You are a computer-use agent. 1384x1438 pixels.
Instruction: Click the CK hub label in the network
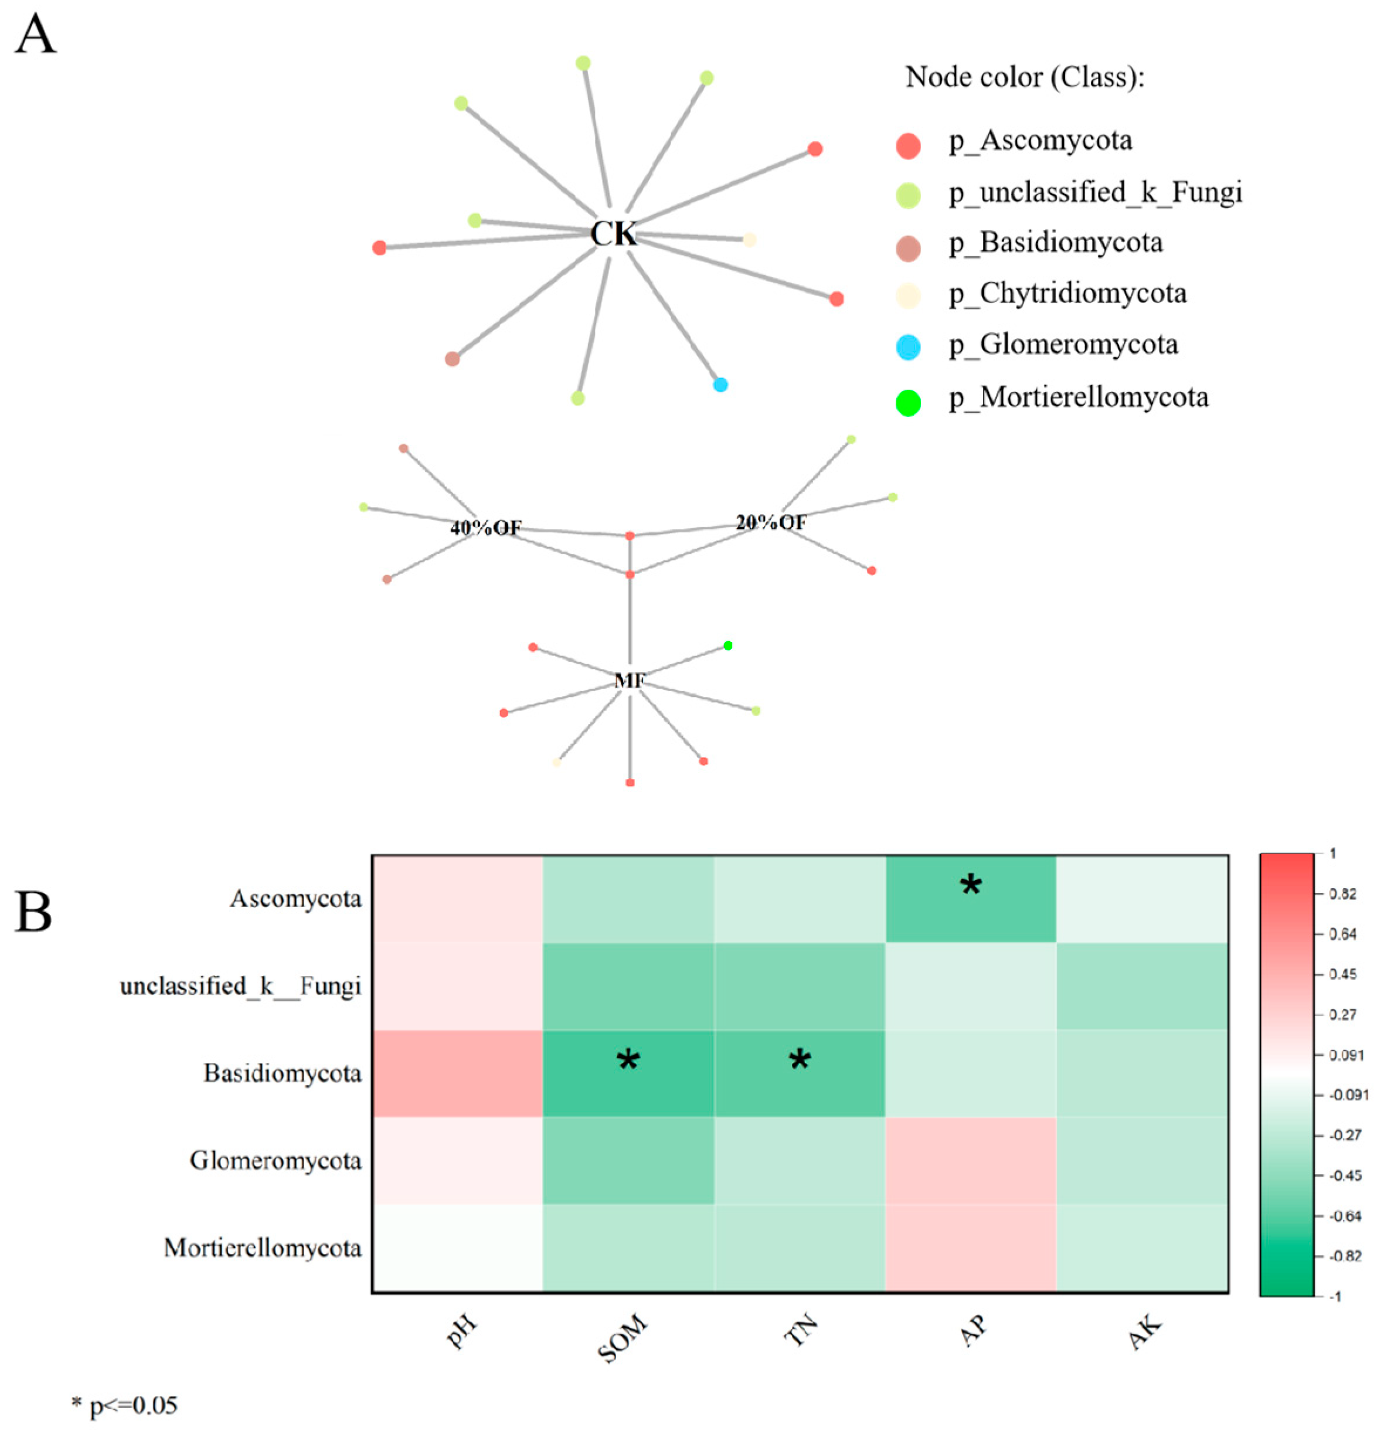point(614,233)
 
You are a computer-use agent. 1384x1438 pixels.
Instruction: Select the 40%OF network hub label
point(486,528)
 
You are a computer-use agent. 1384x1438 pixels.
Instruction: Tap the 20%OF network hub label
point(770,522)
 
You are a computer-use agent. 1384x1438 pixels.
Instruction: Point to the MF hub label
point(629,681)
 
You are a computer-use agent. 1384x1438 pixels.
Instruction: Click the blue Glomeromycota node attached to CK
point(720,385)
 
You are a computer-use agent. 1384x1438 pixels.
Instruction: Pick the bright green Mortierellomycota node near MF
point(727,645)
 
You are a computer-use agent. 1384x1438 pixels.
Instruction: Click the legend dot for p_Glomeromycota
point(909,346)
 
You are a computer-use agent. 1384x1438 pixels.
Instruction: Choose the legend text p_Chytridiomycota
point(1067,294)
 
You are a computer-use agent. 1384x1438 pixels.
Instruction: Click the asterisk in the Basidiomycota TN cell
point(799,1059)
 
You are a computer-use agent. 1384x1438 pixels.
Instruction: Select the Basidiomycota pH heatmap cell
point(457,1073)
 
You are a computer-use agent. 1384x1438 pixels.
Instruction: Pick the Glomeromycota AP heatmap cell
point(970,1161)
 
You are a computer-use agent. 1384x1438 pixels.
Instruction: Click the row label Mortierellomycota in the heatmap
point(263,1248)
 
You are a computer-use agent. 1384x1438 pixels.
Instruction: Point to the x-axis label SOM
point(623,1338)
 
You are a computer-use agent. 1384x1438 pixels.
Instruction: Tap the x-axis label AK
point(1145,1332)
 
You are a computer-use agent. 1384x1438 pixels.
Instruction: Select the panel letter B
point(34,913)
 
